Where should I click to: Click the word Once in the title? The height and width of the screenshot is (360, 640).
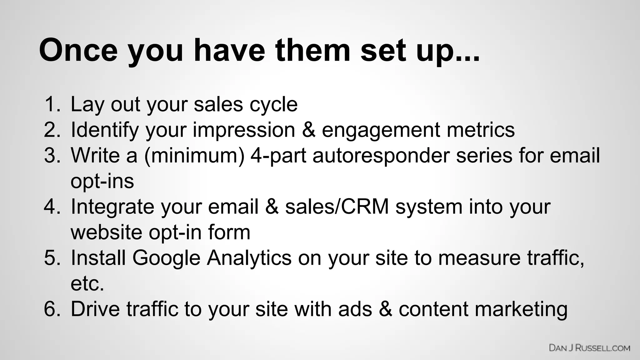click(78, 50)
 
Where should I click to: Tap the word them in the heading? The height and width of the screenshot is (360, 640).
click(312, 50)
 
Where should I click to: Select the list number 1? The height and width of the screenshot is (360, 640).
click(52, 104)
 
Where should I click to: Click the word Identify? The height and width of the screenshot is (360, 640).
click(105, 131)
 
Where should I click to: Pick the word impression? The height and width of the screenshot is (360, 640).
click(244, 131)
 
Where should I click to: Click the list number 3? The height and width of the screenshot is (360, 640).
click(52, 156)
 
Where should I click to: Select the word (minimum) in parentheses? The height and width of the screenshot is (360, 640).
click(194, 156)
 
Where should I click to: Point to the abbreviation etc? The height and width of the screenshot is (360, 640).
click(87, 284)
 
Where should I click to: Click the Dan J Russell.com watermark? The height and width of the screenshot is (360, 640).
click(589, 348)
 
